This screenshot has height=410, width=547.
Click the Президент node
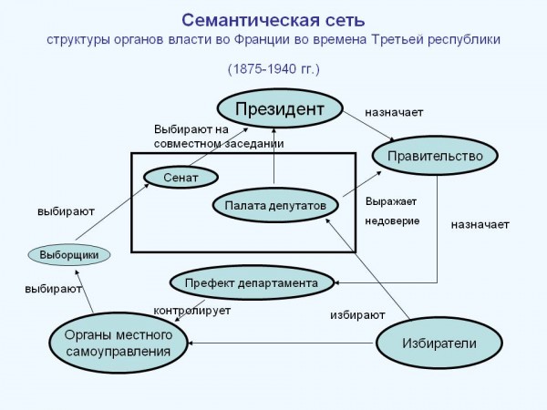[280, 108]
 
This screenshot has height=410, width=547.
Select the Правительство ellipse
[435, 156]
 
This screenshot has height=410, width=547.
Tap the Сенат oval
[181, 177]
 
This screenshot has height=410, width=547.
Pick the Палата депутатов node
[275, 205]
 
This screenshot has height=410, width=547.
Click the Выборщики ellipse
[69, 254]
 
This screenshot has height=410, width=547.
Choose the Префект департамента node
[252, 282]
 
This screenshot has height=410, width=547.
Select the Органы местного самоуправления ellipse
[119, 343]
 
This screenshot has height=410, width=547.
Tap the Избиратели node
[439, 343]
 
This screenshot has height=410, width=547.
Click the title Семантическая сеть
[273, 20]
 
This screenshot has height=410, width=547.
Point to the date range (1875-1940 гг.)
[273, 68]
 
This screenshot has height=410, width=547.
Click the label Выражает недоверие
[392, 211]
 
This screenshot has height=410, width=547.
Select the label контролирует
[192, 311]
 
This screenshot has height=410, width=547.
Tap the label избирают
[357, 315]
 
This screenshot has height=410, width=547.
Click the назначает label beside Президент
[394, 112]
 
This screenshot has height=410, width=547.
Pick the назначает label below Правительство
[480, 224]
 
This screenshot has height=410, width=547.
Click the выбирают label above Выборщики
[66, 211]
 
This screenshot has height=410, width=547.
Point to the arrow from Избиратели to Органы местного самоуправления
[281, 343]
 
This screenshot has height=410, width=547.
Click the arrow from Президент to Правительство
[368, 126]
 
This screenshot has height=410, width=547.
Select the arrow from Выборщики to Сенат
[113, 211]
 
